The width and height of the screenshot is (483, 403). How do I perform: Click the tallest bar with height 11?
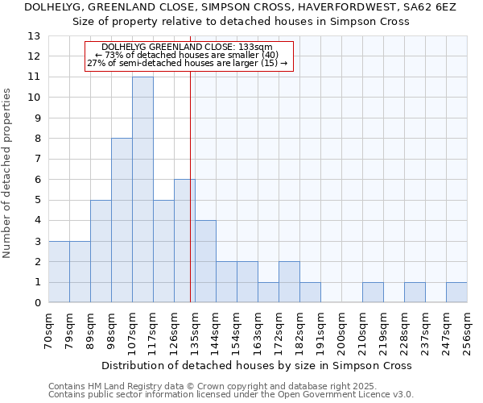[142, 189]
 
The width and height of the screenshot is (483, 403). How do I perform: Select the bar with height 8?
[122, 220]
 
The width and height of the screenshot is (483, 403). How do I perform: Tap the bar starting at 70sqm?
[59, 272]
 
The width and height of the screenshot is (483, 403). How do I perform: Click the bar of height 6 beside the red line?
[184, 241]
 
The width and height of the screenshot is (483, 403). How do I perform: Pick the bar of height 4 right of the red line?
[205, 261]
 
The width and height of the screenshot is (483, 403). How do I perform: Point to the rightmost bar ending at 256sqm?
[456, 293]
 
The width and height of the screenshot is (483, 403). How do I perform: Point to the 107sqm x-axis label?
[133, 328]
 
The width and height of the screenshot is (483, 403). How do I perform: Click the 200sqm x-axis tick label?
[342, 328]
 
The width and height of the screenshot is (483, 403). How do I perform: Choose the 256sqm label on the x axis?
[468, 328]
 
